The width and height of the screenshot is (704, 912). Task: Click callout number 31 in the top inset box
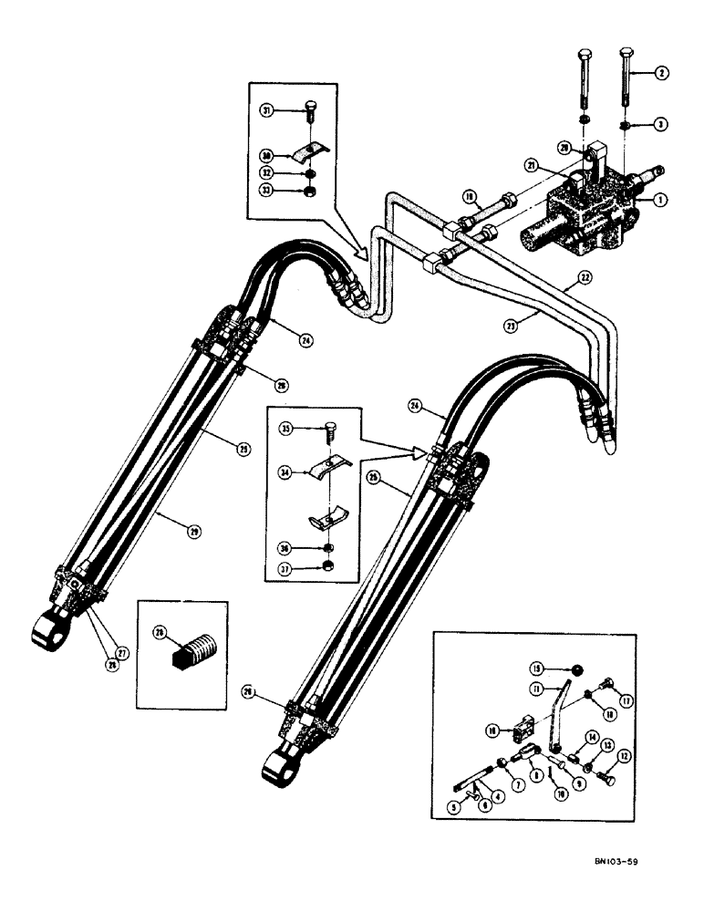coord(269,110)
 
